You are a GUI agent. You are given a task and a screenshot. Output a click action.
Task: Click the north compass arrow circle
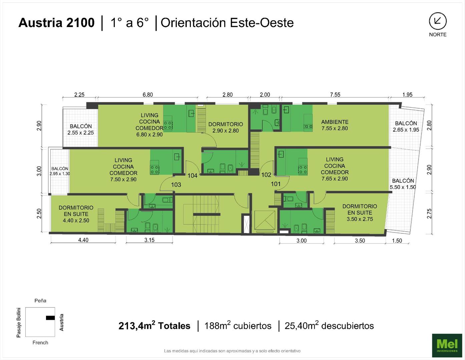[x=438, y=21]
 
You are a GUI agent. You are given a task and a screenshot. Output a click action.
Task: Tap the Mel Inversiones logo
[x=447, y=345]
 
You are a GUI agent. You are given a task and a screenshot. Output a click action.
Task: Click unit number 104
[x=192, y=176]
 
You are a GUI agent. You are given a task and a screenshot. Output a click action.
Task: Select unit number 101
[x=276, y=184]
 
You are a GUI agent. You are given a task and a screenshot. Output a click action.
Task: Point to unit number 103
[x=176, y=185]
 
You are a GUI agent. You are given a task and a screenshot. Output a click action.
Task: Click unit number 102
[x=266, y=175]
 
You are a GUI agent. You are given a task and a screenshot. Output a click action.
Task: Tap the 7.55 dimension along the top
[x=335, y=94]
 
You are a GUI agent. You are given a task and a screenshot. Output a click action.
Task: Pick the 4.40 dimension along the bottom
[x=83, y=240]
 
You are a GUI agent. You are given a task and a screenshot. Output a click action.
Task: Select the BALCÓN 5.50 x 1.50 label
[x=403, y=184]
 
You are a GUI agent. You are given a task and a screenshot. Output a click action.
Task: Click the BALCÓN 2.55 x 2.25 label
[x=81, y=130]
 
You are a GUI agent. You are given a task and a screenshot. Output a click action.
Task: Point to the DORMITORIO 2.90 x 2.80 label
[x=225, y=127]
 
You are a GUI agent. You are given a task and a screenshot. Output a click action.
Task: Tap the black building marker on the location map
[x=50, y=318]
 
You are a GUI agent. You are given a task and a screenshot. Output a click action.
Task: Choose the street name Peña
[x=40, y=301]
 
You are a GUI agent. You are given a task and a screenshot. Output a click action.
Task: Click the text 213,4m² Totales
[x=154, y=326]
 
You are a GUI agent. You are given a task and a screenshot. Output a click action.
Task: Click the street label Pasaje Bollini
[x=19, y=323]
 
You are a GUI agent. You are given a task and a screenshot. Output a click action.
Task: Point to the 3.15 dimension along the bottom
[x=149, y=240]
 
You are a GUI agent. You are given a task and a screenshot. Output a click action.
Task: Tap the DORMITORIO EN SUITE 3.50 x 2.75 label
[x=360, y=213]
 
